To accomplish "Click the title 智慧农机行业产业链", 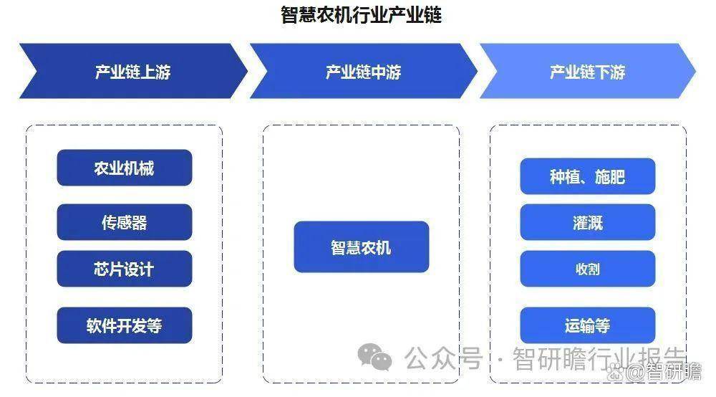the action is [x=361, y=14].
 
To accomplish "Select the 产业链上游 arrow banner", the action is [x=133, y=71].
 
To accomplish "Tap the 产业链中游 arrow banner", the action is [x=364, y=71].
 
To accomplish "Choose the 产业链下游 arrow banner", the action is [x=588, y=71].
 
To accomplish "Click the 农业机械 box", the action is [x=124, y=168].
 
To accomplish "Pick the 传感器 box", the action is [x=124, y=222].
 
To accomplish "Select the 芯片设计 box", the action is [x=124, y=269].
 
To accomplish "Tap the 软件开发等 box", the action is [x=124, y=325].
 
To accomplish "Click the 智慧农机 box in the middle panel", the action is [x=361, y=247].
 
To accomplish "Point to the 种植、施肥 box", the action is [x=588, y=176].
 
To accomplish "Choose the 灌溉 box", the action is [x=588, y=222].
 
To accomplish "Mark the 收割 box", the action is [x=588, y=269].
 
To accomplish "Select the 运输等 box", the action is [x=588, y=325].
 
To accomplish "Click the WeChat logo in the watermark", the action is [x=375, y=358].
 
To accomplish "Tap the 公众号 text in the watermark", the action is [x=443, y=358].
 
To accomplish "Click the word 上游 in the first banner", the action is [x=155, y=72].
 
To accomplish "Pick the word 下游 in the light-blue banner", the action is [x=610, y=72].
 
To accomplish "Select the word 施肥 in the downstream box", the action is [x=609, y=177].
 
